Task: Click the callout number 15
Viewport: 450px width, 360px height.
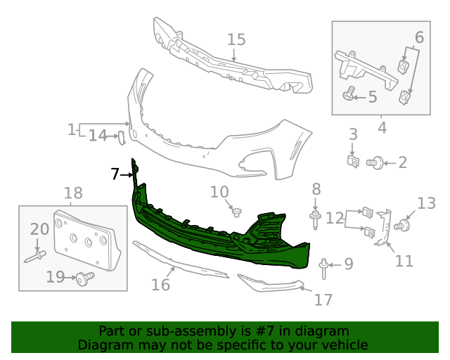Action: tap(236, 39)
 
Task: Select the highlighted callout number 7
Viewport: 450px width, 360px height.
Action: tap(116, 174)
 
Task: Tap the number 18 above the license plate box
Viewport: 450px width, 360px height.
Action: tap(73, 193)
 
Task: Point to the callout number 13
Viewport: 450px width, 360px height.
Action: tap(426, 204)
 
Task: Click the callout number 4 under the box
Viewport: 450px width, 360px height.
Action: tap(382, 128)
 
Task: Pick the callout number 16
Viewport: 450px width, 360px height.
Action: tap(161, 284)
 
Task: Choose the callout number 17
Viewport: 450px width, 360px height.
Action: tap(323, 300)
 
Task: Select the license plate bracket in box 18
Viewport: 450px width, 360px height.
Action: tap(84, 239)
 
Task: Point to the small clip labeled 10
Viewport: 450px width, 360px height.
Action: tap(237, 210)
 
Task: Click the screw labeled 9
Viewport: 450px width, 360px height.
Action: tap(323, 265)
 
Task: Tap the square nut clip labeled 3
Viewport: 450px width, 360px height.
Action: tap(354, 161)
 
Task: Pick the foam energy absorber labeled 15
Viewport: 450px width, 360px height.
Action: tap(232, 63)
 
